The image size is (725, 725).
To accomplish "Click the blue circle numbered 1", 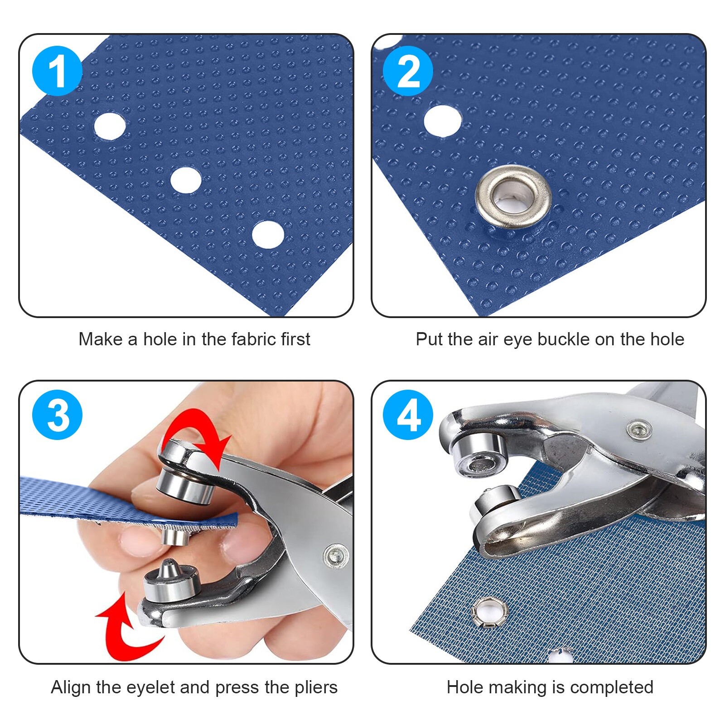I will pyautogui.click(x=58, y=71).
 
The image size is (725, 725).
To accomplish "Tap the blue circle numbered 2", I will pyautogui.click(x=408, y=71).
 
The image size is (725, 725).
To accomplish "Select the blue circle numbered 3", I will pyautogui.click(x=58, y=415).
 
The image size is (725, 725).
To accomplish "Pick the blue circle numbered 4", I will pyautogui.click(x=408, y=415).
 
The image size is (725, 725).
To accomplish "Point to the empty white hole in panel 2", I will pyautogui.click(x=443, y=121).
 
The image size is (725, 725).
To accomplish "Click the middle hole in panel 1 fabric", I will pyautogui.click(x=186, y=180).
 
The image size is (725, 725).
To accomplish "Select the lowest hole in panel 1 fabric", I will pyautogui.click(x=268, y=234).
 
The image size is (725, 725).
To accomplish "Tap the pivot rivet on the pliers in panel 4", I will pyautogui.click(x=639, y=428).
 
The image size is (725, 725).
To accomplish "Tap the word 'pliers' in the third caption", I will pyautogui.click(x=316, y=687).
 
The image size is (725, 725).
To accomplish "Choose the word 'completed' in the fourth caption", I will pyautogui.click(x=611, y=687).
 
